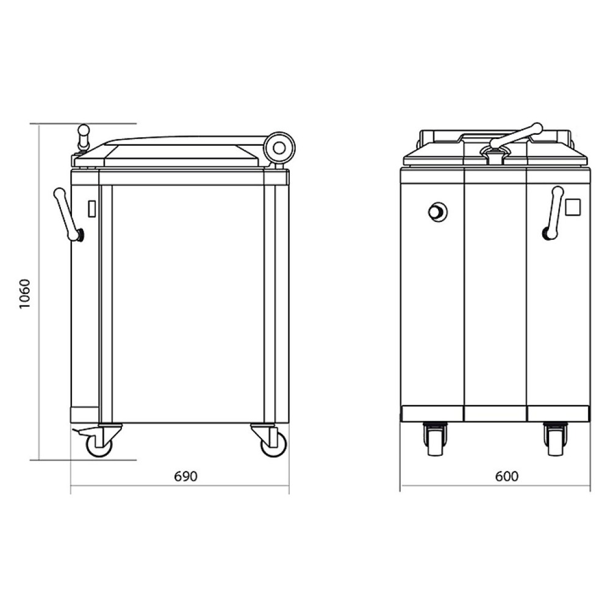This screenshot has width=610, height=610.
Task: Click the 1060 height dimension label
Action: pos(24,294)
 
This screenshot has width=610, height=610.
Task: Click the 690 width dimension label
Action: pos(185,476)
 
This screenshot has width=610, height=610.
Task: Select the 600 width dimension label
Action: pos(507,476)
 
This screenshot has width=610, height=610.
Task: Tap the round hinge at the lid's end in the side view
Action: pos(279,148)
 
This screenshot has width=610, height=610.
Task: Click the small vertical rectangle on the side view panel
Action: pos(92,209)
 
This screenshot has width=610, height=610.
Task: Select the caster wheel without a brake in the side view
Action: pos(274,444)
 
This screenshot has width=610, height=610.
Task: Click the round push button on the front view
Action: pos(437,212)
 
